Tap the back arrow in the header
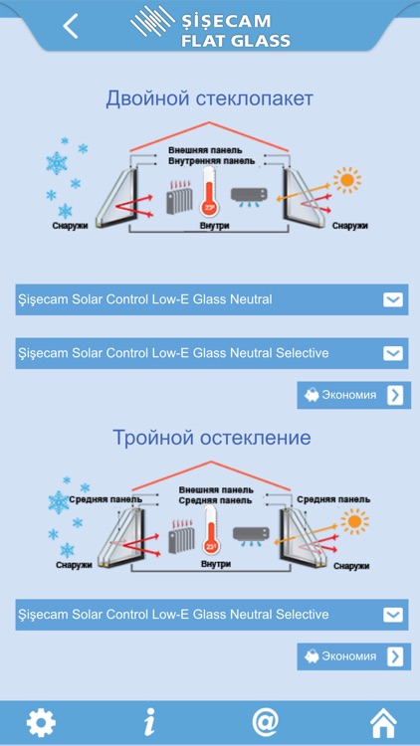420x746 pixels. coord(70,26)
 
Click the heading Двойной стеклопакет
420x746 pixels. coord(210,98)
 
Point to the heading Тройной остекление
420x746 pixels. coord(211,438)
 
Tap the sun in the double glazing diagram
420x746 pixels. coord(347,180)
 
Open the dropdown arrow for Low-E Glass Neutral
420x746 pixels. coord(394,299)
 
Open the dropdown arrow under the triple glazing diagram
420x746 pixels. coord(394,615)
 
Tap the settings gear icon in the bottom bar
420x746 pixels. coord(41,722)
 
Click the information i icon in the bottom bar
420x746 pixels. coord(149,722)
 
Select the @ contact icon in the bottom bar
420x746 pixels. coord(265,722)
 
